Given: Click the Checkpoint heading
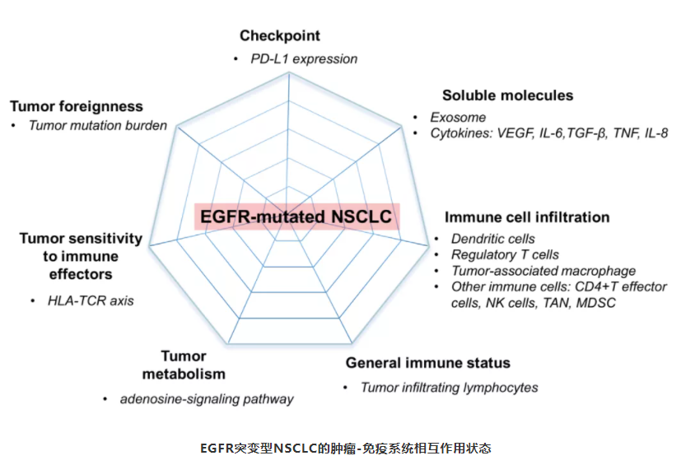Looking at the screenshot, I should click(x=280, y=35).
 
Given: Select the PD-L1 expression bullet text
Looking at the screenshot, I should click(x=304, y=58).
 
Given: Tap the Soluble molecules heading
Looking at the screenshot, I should click(x=507, y=95).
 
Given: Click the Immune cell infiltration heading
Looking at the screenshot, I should click(x=527, y=217).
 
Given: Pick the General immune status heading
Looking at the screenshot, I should click(x=428, y=363).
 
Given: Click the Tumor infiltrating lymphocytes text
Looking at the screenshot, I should click(x=449, y=387).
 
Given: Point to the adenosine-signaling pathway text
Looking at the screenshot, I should click(x=206, y=400).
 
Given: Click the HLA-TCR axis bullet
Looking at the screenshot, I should click(x=91, y=300).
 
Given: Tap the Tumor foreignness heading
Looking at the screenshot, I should click(x=77, y=106).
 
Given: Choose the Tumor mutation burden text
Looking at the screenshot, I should click(x=98, y=126).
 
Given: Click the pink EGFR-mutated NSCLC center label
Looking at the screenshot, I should click(x=297, y=217).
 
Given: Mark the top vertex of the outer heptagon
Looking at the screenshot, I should click(x=289, y=72).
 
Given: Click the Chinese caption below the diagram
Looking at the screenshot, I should click(x=346, y=449).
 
